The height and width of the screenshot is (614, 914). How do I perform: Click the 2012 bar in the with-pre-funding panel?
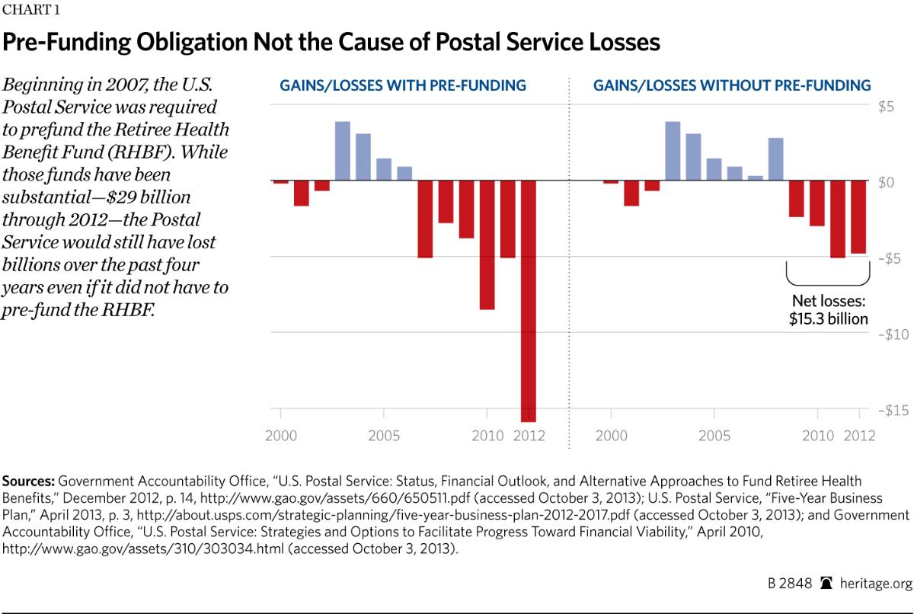[x=529, y=301]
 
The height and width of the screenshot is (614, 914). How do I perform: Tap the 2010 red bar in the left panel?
[x=487, y=245]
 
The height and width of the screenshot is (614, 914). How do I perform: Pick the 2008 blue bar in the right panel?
[x=776, y=159]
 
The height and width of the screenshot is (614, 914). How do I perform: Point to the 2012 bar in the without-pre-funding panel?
[x=858, y=217]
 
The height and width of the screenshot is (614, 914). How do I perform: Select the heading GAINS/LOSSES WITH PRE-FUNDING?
[x=399, y=85]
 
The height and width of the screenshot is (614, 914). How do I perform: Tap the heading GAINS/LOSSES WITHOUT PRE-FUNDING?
[x=731, y=85]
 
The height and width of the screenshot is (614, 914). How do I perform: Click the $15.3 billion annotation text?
[x=828, y=318]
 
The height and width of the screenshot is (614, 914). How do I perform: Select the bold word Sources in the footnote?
[x=28, y=481]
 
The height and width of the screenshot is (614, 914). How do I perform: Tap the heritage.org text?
[x=874, y=583]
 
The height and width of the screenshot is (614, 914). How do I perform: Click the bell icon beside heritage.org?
[x=827, y=583]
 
